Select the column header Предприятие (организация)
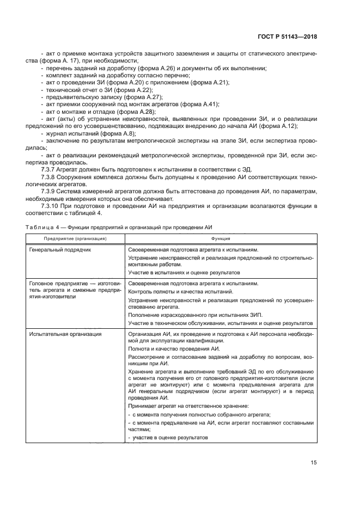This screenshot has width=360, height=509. pyautogui.click(x=75, y=239)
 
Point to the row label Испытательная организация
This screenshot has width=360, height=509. pyautogui.click(x=62, y=334)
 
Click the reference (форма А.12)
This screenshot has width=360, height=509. pyautogui.click(x=297, y=125)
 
